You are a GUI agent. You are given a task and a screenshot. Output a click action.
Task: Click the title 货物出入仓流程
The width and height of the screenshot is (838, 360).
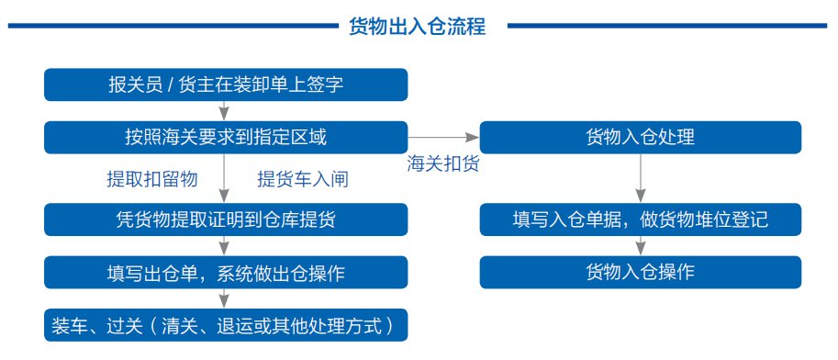(417, 26)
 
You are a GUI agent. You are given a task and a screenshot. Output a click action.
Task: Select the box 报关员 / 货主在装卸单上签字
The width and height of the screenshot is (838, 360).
(226, 84)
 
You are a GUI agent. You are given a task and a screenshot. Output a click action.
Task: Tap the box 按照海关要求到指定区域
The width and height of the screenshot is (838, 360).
(226, 138)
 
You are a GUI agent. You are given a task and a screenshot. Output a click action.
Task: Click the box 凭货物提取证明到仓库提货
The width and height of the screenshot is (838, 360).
(226, 219)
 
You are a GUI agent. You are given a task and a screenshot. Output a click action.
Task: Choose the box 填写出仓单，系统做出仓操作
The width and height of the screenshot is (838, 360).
(226, 272)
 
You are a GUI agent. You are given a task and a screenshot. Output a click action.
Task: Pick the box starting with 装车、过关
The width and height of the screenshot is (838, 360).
(226, 325)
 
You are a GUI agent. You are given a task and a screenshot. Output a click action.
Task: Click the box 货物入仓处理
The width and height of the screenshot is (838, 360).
(641, 138)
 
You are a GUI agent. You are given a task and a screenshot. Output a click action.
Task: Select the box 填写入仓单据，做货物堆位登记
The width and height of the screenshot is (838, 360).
(641, 219)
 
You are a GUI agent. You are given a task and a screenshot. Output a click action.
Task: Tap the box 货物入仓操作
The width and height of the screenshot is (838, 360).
(641, 272)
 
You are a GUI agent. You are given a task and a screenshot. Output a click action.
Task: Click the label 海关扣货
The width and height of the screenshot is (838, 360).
(443, 163)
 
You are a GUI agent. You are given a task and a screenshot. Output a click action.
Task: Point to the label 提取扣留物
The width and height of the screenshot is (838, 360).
(152, 179)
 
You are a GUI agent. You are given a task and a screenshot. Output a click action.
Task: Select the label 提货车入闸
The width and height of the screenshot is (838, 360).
(303, 179)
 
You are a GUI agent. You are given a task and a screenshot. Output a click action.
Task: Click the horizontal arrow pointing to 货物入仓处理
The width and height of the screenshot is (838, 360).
(443, 138)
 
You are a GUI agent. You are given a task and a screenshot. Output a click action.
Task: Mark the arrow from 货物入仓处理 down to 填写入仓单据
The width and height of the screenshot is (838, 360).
(641, 179)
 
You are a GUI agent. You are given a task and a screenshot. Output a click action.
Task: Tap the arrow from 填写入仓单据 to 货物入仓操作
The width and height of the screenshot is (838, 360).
(641, 246)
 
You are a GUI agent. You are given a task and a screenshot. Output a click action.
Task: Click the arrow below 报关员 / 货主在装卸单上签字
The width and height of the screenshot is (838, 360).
(225, 111)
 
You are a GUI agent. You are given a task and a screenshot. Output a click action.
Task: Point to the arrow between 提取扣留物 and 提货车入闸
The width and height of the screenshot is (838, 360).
(225, 179)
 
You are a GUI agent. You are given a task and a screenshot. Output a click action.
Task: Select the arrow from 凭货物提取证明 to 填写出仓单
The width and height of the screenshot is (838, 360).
(225, 246)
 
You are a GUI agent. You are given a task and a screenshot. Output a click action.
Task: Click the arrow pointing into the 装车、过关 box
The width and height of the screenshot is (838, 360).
(225, 299)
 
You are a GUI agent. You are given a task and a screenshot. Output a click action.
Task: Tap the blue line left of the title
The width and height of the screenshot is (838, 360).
(173, 26)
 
